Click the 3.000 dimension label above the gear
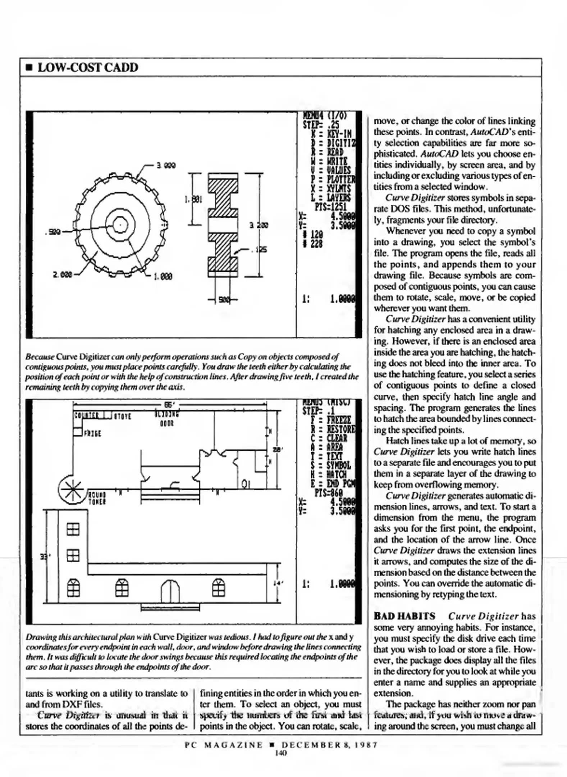point(166,165)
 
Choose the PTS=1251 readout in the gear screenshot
point(330,206)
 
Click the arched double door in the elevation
point(170,592)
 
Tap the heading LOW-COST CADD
point(87,68)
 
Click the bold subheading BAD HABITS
point(404,616)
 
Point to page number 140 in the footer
point(281,753)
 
